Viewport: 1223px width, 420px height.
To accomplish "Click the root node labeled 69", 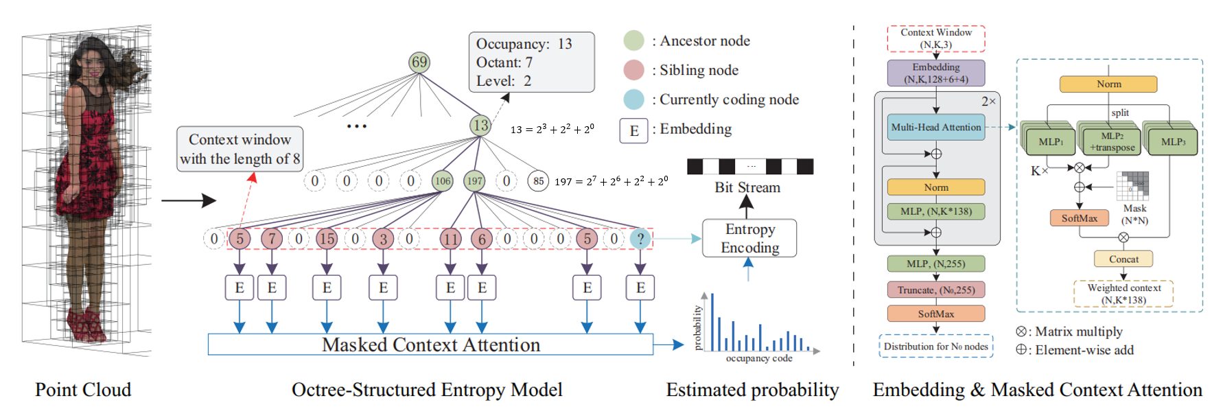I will pos(419,62).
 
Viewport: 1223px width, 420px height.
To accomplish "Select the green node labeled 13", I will pos(480,125).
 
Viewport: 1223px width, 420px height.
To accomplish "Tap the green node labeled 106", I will pos(443,181).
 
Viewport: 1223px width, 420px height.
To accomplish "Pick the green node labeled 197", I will pos(474,181).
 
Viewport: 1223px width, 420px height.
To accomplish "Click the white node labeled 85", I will pos(538,181).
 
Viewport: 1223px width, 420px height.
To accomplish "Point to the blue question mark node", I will pos(640,239).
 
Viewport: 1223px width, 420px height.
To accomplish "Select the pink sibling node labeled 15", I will pos(327,239).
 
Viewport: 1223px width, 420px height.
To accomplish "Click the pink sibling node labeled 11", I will pos(450,239).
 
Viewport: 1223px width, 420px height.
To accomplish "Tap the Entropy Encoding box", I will pos(749,238).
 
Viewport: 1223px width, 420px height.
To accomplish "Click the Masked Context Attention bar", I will pos(430,345).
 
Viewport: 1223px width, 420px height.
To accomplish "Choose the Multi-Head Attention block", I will pos(935,127).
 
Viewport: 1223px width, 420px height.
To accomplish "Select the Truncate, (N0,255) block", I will pos(935,290).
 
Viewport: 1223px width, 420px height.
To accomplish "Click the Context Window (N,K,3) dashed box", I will pos(935,38).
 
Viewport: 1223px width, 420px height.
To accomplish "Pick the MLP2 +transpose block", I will pos(1111,142).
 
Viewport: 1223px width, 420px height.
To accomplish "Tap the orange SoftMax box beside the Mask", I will pos(1079,218).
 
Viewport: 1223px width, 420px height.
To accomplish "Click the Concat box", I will pos(1123,259).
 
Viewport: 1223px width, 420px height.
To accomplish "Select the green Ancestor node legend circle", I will pos(633,40).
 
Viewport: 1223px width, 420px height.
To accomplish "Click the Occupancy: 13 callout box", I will pos(531,62).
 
